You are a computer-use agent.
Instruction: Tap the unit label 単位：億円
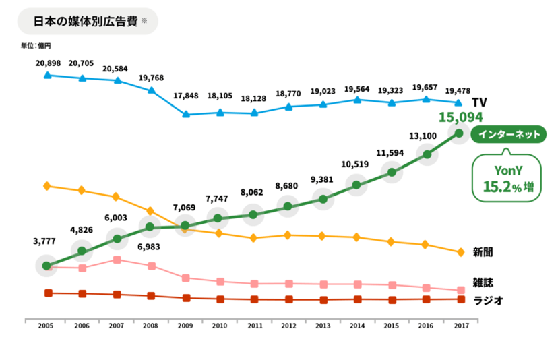[36, 46]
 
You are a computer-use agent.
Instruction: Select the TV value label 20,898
[47, 63]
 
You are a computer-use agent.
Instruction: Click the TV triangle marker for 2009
[186, 114]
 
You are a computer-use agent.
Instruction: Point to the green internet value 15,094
[461, 117]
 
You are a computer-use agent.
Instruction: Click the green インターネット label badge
[509, 135]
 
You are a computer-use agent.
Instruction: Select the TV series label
[479, 102]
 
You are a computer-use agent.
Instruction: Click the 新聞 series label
[483, 252]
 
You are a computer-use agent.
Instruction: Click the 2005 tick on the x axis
[46, 325]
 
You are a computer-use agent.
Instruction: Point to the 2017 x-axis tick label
[461, 325]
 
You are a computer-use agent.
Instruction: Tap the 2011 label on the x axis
[253, 325]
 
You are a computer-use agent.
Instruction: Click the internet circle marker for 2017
[460, 133]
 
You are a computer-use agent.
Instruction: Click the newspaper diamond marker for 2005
[46, 185]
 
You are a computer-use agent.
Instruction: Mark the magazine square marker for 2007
[117, 260]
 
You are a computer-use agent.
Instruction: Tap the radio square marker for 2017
[461, 299]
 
